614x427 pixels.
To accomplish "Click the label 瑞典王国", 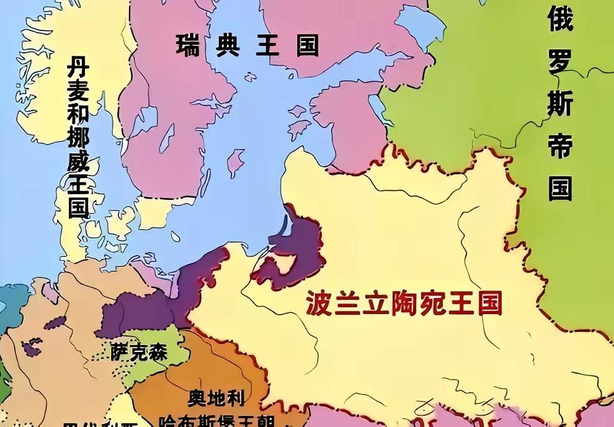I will coord(246,45).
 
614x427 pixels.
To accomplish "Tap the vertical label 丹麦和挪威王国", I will coord(78,136).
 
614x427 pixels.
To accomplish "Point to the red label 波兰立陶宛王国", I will coord(404,303).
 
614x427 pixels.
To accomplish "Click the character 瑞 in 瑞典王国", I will coord(187,45).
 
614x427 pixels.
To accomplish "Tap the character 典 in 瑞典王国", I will coord(227,45).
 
